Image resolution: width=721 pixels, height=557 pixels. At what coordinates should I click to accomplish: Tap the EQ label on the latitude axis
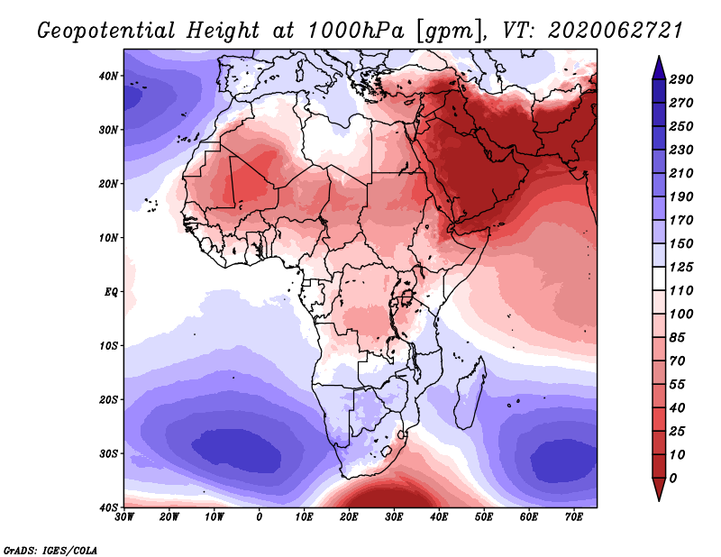(x=111, y=291)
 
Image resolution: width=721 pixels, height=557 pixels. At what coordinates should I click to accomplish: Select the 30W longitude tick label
(x=124, y=516)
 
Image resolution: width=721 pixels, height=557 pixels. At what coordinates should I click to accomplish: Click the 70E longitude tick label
(x=574, y=516)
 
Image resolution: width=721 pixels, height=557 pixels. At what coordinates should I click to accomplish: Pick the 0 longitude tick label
(x=260, y=516)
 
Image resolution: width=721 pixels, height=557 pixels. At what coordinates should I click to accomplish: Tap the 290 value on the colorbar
(x=681, y=79)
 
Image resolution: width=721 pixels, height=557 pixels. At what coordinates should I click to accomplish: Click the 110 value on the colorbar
(x=681, y=291)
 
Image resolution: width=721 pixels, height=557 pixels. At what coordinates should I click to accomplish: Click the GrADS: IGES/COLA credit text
(x=50, y=549)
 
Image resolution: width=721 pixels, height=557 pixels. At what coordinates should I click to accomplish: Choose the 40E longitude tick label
(x=439, y=516)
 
